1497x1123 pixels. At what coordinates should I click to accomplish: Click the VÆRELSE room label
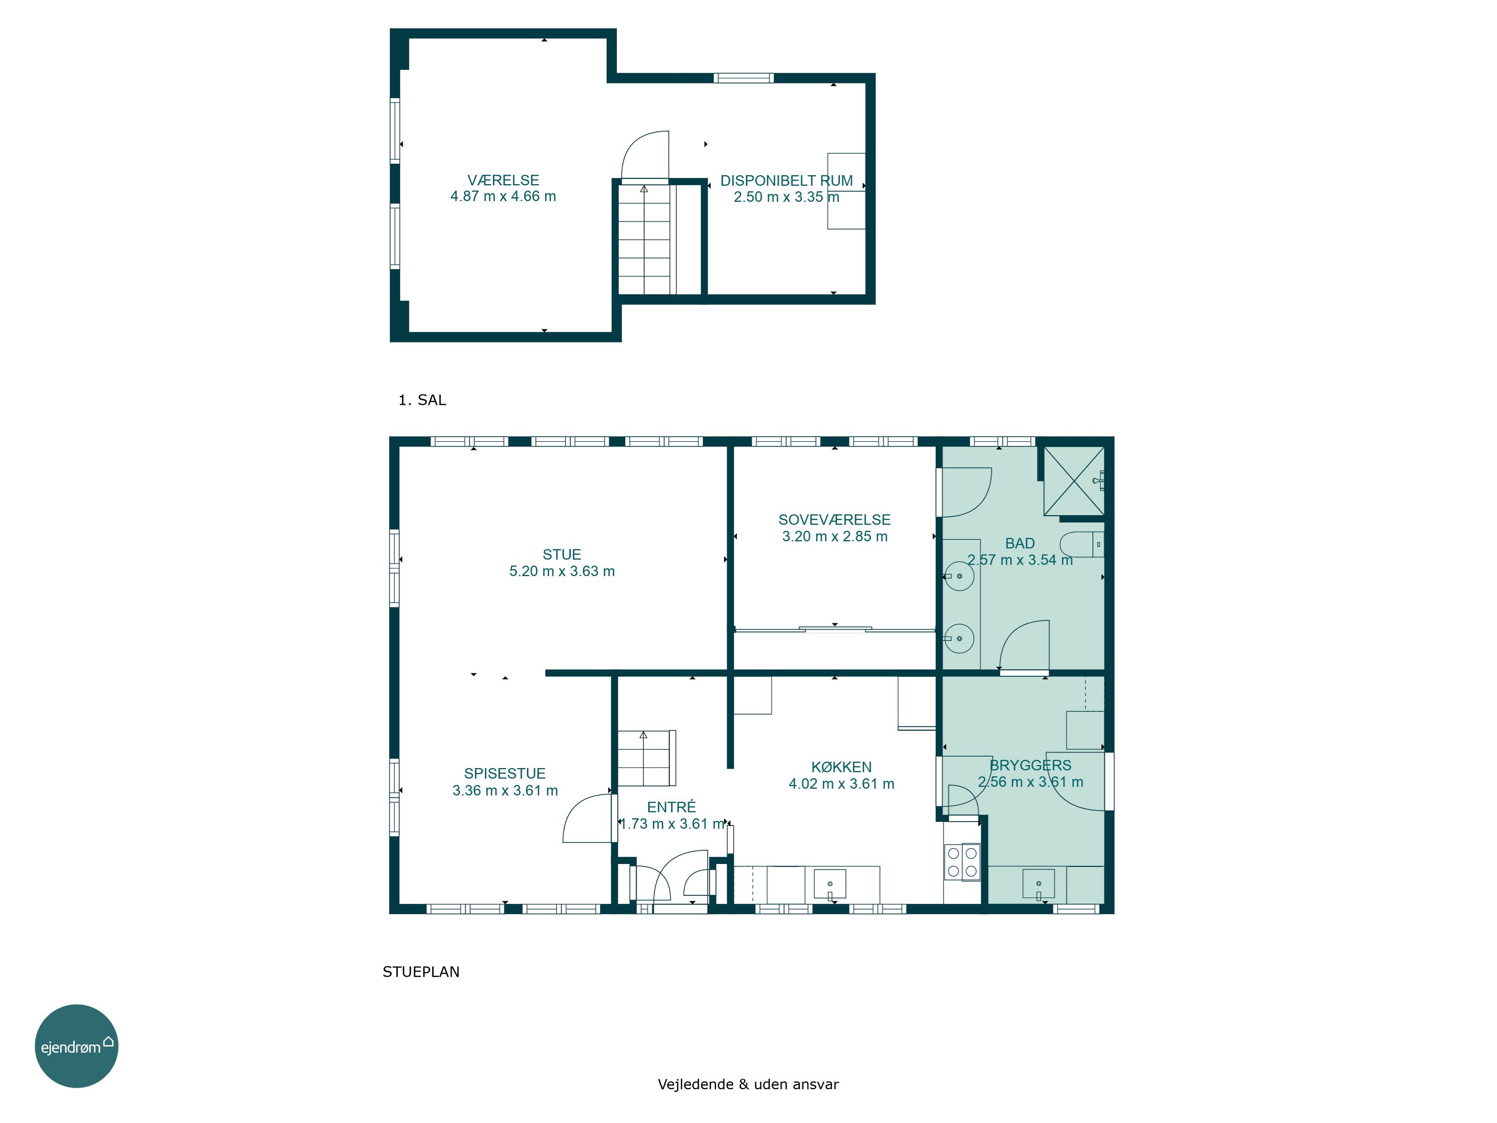[x=503, y=180]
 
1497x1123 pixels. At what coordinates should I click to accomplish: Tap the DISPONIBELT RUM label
[x=786, y=181]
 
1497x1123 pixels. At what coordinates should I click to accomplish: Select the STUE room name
[x=562, y=555]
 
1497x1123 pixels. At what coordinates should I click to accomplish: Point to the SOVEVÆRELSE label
[x=834, y=520]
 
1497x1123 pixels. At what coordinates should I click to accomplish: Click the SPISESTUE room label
[x=505, y=773]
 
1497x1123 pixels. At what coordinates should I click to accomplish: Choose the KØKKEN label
[x=841, y=767]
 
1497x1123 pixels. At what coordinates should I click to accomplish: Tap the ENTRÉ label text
[x=671, y=807]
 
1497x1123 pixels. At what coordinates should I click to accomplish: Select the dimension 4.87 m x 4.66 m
[x=503, y=196]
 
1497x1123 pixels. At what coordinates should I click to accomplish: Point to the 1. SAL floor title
[x=422, y=400]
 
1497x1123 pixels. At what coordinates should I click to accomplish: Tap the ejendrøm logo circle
[x=76, y=1046]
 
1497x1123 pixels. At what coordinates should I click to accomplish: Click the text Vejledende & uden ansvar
[x=748, y=1084]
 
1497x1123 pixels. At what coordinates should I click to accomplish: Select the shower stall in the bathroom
[x=1074, y=481]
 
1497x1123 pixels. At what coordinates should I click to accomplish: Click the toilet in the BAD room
[x=1081, y=544]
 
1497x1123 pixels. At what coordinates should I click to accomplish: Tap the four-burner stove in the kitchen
[x=962, y=861]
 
